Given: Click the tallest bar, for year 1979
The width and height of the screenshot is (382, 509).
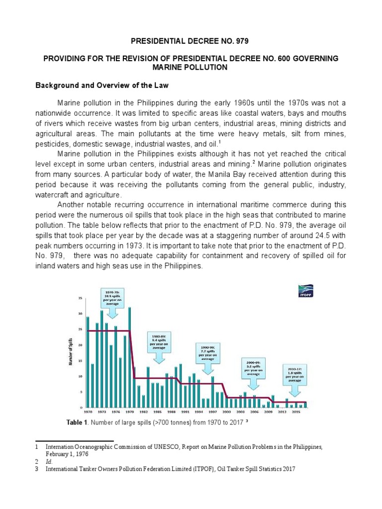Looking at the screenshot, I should coord(129,357).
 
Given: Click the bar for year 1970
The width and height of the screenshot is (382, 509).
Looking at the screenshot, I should coord(88,361).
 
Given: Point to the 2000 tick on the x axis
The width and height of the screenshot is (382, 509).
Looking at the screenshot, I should coord(226,412).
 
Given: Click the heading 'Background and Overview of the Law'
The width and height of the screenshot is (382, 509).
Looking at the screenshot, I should coord(102,85).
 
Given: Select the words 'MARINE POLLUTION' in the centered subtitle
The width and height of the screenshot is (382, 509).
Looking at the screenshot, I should coord(191,67).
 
